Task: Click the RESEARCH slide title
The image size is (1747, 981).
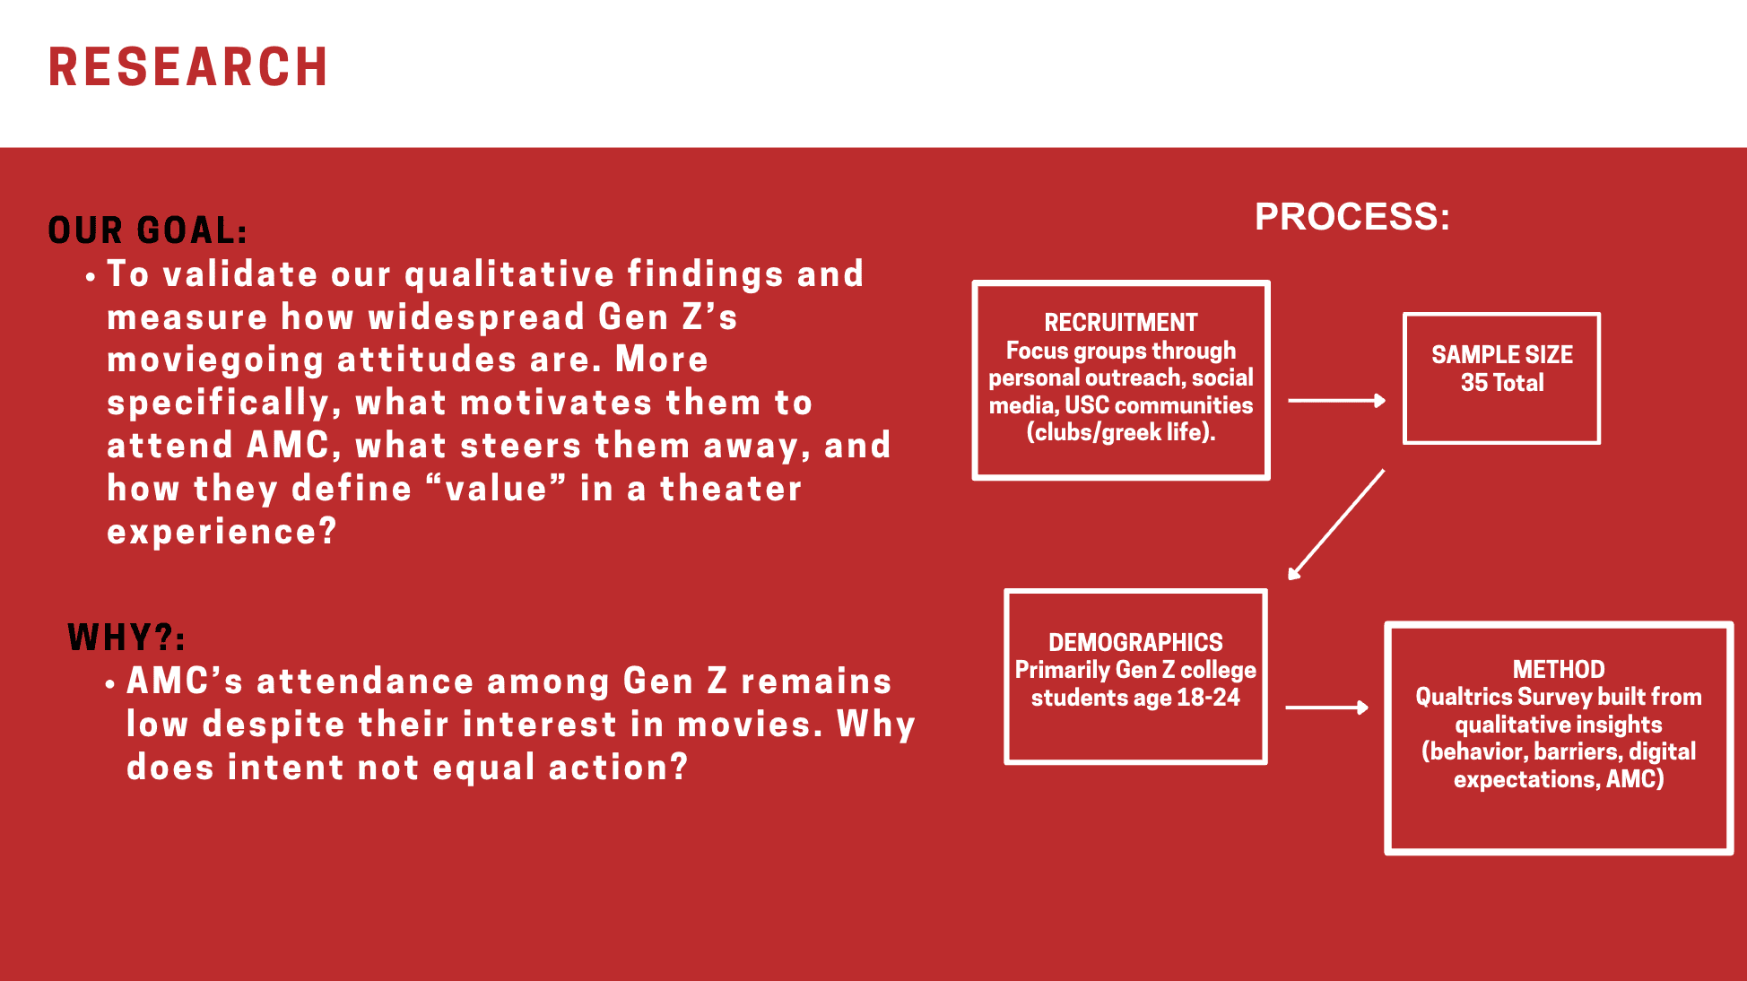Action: pos(188,67)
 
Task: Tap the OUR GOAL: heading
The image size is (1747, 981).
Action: pos(148,230)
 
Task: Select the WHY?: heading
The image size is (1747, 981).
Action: pos(126,638)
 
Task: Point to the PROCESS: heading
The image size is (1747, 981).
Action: pos(1352,217)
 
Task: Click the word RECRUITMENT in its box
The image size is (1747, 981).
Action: pos(1121,322)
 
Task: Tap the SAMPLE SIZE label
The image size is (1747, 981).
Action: pos(1502,355)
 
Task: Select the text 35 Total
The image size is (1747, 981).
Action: pos(1502,383)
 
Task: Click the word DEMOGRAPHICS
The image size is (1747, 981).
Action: pos(1135,642)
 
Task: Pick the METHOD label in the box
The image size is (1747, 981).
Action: pos(1559,669)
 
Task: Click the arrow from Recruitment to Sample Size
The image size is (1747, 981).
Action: pos(1337,401)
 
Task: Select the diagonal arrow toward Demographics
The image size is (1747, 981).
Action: pos(1336,525)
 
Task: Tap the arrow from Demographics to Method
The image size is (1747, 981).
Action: pos(1327,708)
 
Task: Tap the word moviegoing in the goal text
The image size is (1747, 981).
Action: pos(215,360)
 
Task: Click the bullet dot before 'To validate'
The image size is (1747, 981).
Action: pos(90,278)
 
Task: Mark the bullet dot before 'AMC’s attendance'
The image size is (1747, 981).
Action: pos(109,685)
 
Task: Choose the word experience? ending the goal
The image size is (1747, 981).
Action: pos(222,532)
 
